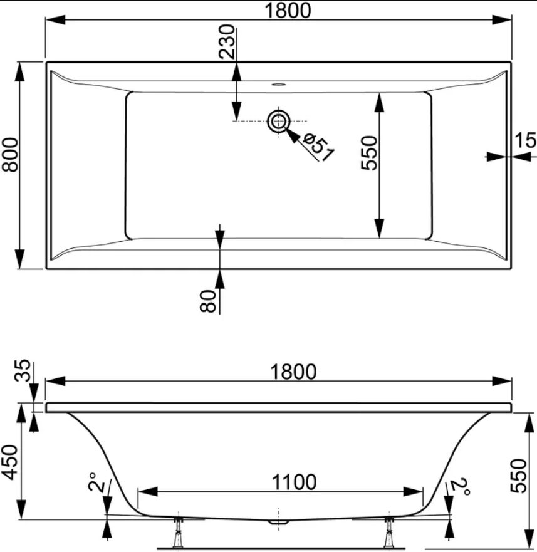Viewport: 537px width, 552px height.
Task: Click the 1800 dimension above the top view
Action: (288, 10)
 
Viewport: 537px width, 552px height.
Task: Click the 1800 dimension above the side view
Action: (293, 372)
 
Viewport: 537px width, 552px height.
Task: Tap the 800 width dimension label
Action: (10, 155)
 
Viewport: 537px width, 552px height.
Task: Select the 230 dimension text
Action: (226, 41)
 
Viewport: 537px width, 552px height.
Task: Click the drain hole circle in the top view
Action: (279, 121)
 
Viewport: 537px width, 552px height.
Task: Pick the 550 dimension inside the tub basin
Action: (370, 153)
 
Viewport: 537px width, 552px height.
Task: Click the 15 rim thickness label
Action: (526, 140)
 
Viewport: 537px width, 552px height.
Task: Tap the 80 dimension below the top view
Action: (208, 301)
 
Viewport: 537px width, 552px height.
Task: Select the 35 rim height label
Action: (23, 370)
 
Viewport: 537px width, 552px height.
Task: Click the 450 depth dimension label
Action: (10, 462)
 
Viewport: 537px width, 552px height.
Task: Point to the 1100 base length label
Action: (294, 482)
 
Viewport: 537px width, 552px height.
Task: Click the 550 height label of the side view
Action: (519, 476)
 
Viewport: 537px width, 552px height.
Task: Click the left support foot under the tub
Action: (179, 531)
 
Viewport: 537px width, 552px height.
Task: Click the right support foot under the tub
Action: (389, 531)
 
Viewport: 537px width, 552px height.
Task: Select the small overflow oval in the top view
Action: (279, 84)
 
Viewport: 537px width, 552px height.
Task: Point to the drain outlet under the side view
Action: (279, 523)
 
